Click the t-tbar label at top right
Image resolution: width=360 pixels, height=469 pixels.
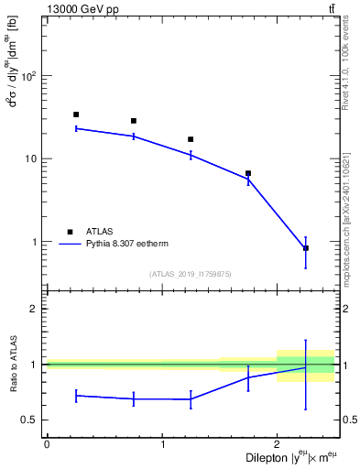coord(330,9)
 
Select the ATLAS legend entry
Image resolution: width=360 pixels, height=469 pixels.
coord(100,232)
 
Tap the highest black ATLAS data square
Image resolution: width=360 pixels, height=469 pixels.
coord(76,115)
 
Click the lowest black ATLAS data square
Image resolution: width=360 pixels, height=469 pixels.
coord(305,248)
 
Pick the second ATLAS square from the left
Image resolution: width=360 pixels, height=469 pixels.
coord(134,121)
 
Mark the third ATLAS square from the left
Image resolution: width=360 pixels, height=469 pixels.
coord(191,139)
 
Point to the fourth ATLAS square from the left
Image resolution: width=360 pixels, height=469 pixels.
coord(248,173)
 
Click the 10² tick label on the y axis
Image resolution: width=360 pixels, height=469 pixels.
coord(29,75)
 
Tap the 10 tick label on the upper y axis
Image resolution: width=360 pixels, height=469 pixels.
coord(31,158)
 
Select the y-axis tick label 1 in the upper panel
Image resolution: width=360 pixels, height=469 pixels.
coord(35,242)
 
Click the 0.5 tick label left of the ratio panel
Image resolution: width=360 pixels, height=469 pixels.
coord(30,420)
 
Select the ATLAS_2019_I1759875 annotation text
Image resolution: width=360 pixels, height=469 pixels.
coord(191,273)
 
